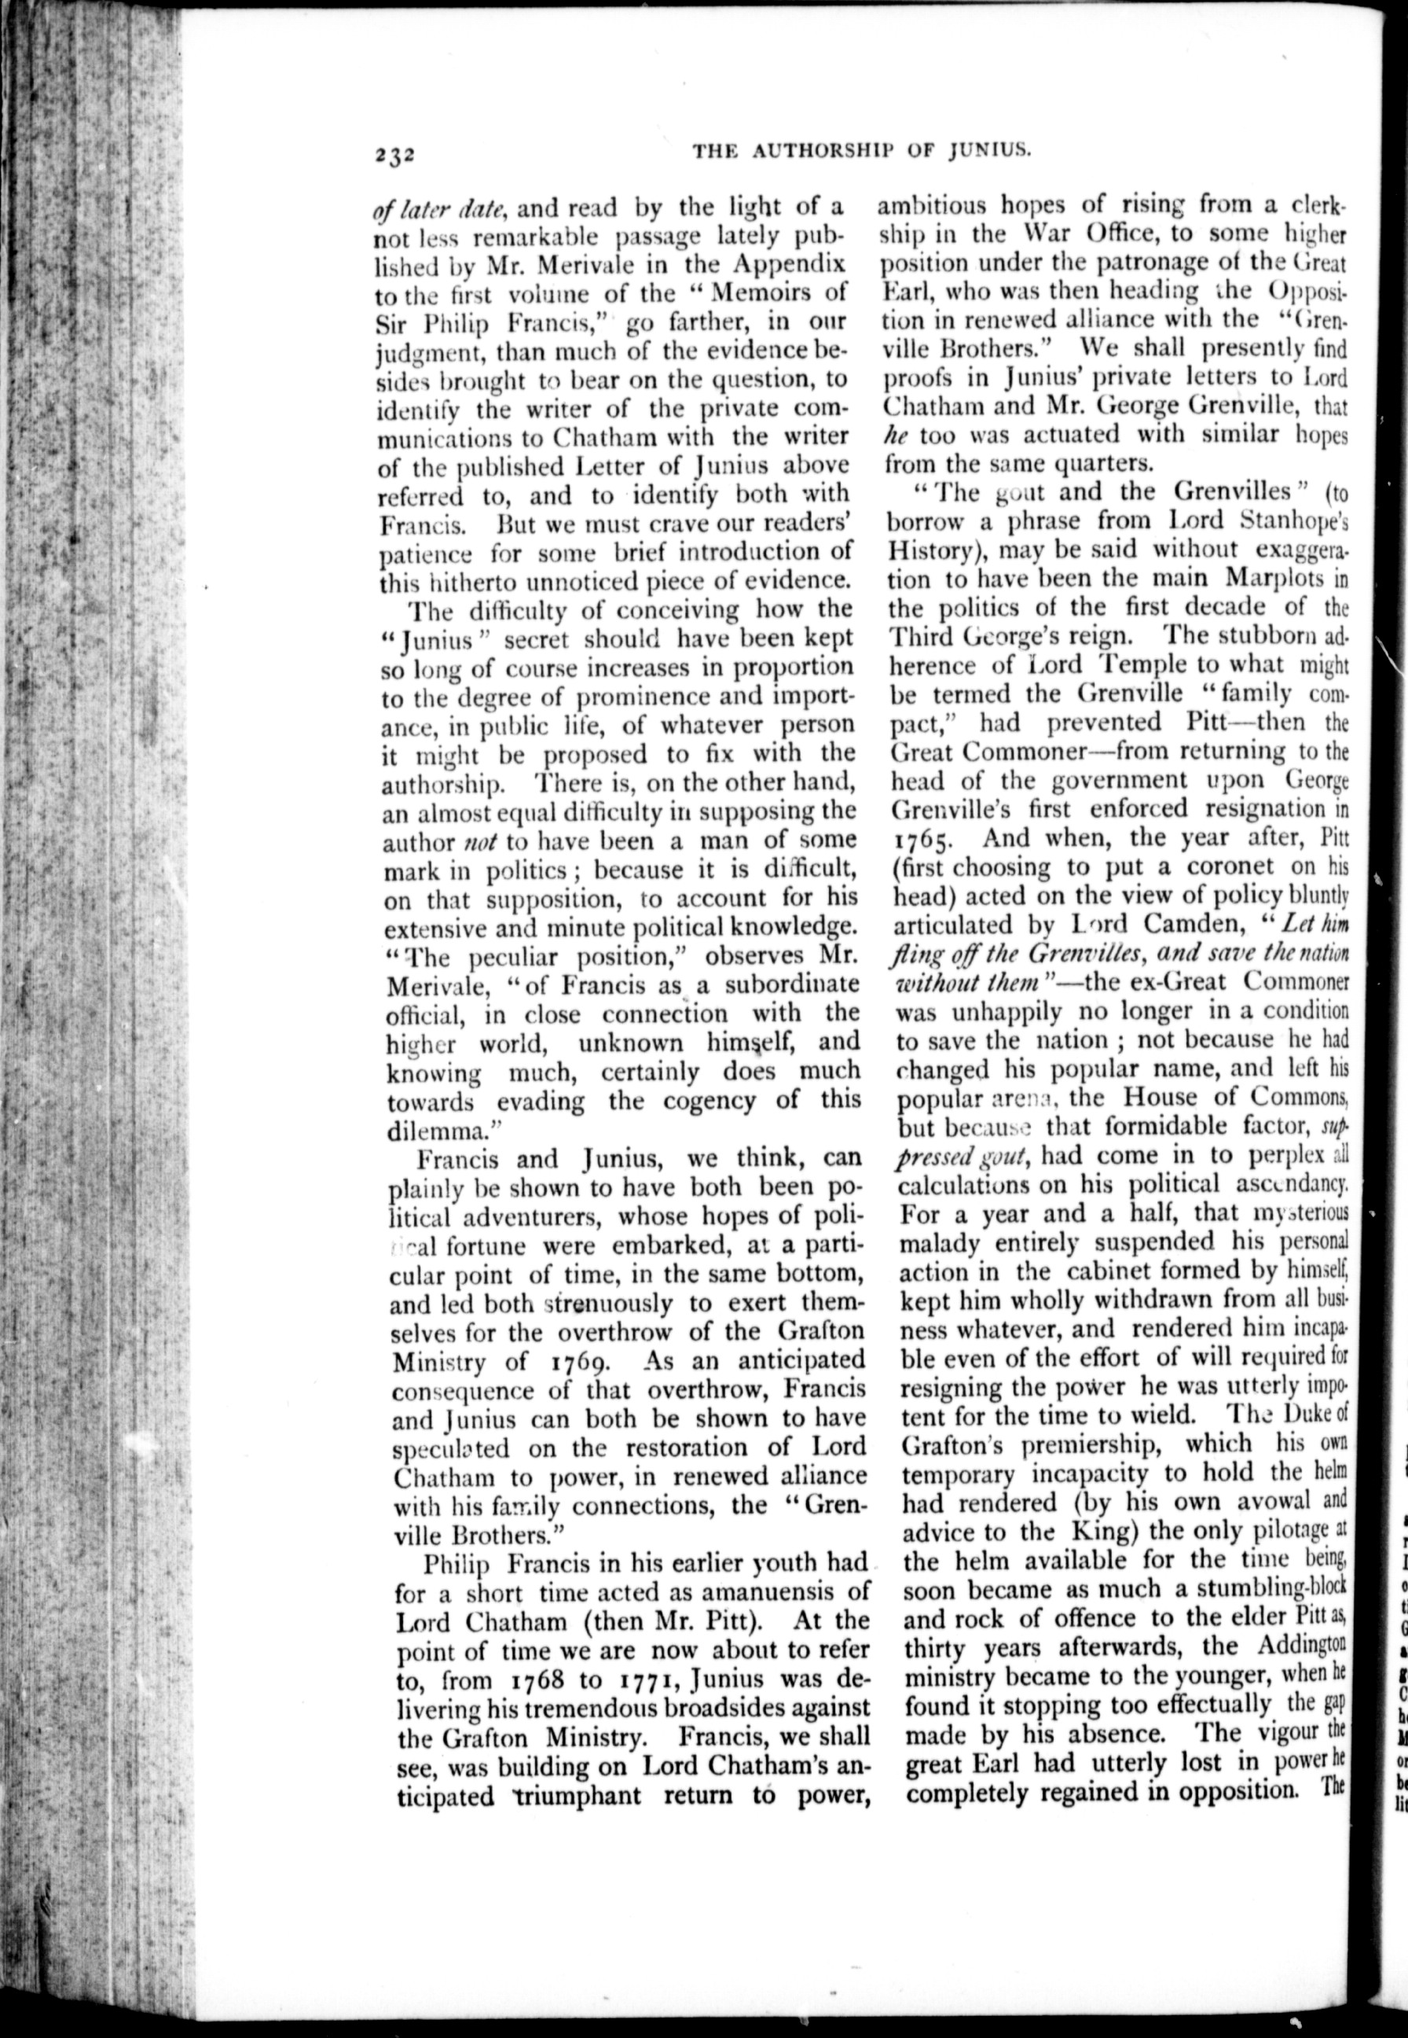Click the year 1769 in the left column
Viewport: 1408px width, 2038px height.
577,1362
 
